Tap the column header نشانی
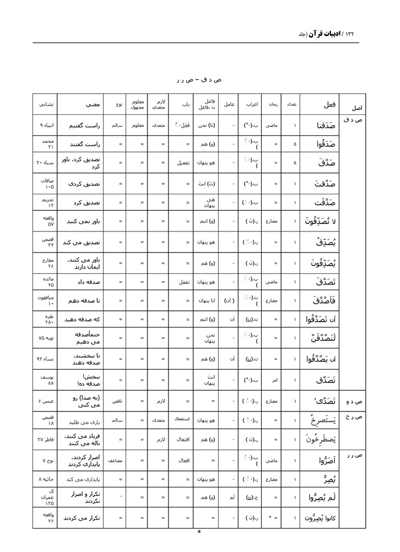pos(46,104)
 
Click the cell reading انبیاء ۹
pos(46,125)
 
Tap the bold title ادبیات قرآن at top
pos(323,34)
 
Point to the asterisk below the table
pos(199,532)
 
